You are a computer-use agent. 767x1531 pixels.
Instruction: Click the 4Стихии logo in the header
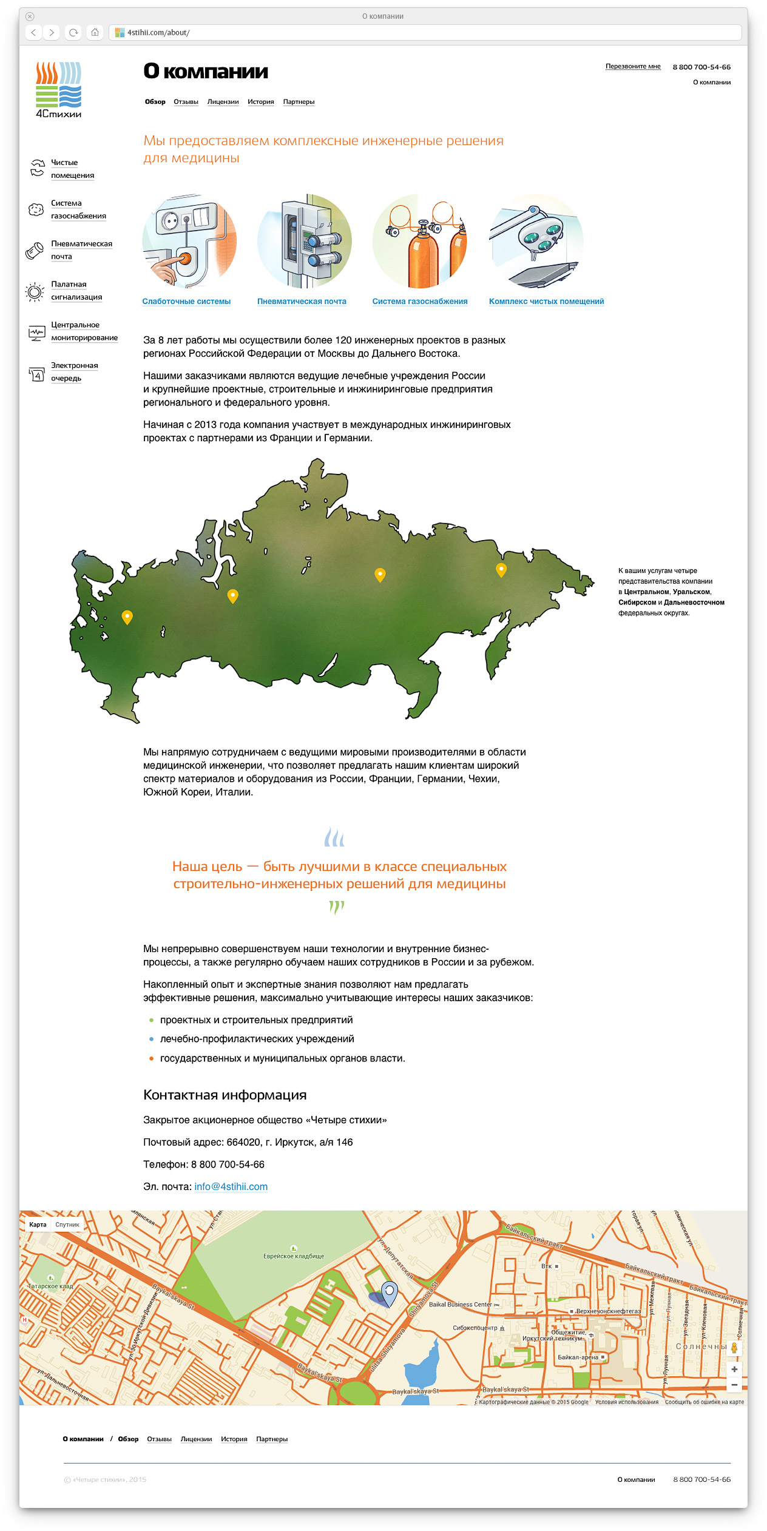58,89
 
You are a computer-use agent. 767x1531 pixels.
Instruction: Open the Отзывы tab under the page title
186,102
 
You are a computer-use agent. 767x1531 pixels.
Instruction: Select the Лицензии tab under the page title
223,102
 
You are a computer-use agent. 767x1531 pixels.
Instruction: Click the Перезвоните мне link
632,67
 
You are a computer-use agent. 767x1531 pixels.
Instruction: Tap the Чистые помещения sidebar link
72,169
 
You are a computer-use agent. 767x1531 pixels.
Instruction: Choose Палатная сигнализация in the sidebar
76,291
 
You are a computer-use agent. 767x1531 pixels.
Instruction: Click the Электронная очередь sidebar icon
36,374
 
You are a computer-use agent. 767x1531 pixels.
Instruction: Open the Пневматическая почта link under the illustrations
302,302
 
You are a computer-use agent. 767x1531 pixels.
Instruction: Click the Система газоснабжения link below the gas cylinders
419,302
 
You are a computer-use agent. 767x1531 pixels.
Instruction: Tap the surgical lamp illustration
536,240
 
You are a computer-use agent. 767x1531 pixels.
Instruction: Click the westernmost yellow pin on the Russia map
127,617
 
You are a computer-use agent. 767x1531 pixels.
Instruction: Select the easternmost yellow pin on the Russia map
501,569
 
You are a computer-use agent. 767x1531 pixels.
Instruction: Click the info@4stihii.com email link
231,1186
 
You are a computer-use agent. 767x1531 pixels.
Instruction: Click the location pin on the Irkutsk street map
389,1291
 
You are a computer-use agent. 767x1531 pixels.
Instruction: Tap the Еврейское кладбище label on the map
294,1256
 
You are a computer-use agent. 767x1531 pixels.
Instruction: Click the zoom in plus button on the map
734,1369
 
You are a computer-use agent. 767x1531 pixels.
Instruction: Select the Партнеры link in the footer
271,1439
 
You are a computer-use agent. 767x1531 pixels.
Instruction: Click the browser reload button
73,33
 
